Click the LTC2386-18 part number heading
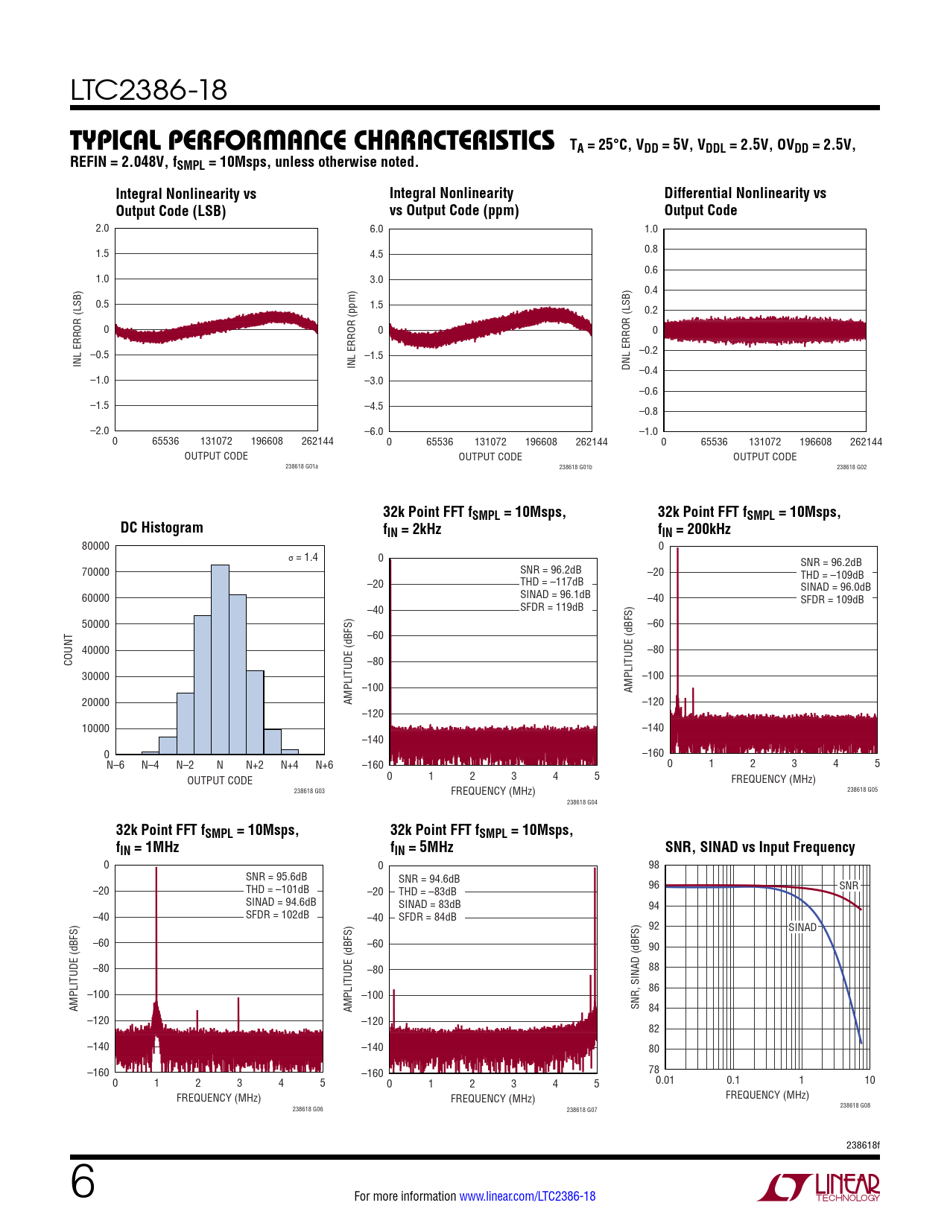point(149,90)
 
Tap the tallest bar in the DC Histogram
point(220,659)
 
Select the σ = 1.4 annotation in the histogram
point(303,557)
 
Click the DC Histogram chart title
point(162,527)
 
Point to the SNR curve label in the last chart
point(849,886)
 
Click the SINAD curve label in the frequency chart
point(802,927)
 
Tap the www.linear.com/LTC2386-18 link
point(528,1196)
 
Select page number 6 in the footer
point(83,1182)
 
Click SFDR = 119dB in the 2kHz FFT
point(551,607)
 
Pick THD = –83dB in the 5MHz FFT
point(427,892)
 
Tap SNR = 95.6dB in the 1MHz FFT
point(276,877)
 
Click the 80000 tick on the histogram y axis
point(95,546)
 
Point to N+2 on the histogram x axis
point(255,765)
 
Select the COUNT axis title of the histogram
point(69,650)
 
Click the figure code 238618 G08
point(855,1105)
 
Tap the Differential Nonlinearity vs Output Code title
point(745,202)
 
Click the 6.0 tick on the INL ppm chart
point(376,229)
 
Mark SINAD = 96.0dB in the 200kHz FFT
point(835,587)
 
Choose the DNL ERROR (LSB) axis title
point(626,330)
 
